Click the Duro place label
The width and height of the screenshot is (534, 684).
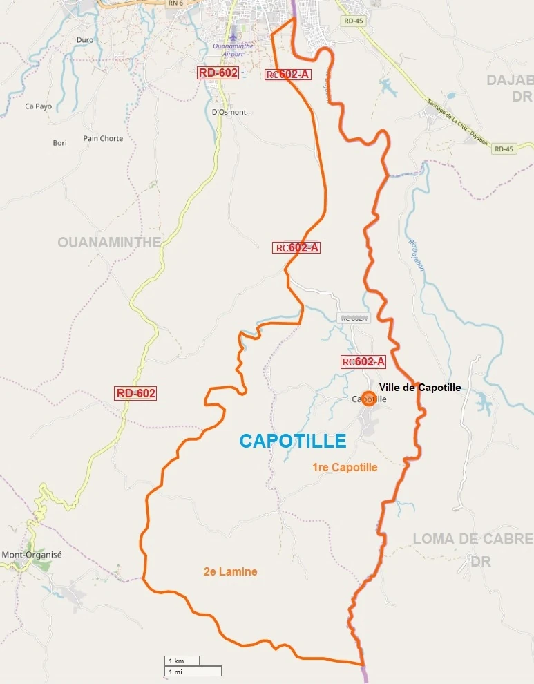pos(85,40)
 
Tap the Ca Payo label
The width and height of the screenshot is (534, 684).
pos(38,106)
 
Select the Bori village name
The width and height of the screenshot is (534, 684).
pos(60,143)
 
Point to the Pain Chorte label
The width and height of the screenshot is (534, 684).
pos(103,138)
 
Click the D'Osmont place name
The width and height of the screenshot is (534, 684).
pos(229,112)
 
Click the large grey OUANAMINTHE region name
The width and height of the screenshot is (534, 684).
pos(109,242)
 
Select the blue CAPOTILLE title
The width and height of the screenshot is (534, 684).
pos(292,440)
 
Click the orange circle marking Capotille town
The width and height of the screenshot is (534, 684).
pos(369,399)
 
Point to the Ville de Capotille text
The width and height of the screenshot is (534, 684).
pos(419,388)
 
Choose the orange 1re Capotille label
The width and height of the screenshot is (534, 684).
pos(345,467)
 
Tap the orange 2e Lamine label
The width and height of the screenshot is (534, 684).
pos(230,571)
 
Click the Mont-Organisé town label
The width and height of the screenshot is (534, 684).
pos(32,555)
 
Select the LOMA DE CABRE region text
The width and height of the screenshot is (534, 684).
pos(473,538)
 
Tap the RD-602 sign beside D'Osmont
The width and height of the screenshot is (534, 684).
pos(218,73)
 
